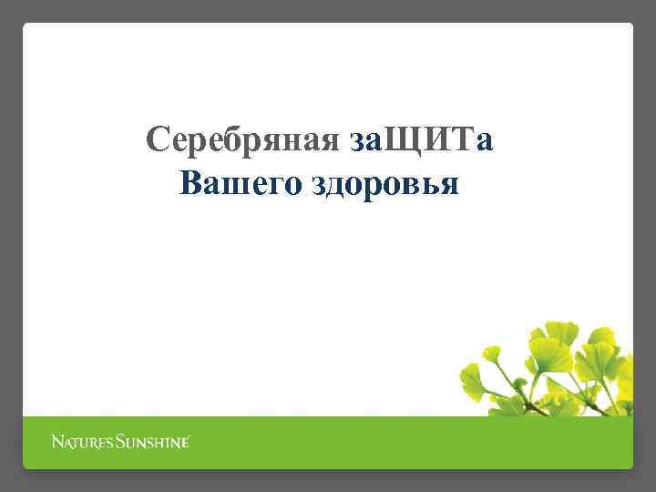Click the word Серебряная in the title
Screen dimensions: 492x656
pyautogui.click(x=243, y=141)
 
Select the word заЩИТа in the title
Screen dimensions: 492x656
pyautogui.click(x=422, y=141)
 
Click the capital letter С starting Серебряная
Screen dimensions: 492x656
pyautogui.click(x=158, y=141)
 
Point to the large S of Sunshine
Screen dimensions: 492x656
pyautogui.click(x=121, y=443)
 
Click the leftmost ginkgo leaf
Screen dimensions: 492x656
pyautogui.click(x=471, y=374)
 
